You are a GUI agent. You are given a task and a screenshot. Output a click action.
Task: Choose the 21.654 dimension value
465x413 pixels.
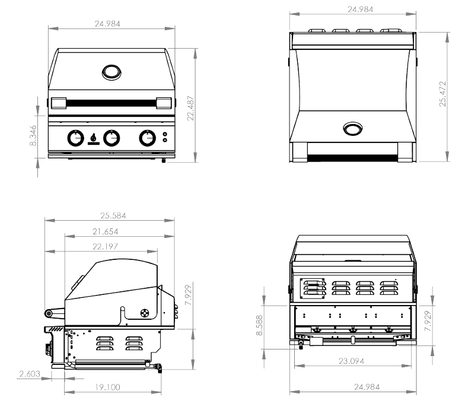coord(111,231)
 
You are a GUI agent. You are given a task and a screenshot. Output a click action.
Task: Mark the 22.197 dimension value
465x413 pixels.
coord(111,246)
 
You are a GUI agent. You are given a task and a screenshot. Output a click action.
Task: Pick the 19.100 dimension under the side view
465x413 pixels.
coord(111,386)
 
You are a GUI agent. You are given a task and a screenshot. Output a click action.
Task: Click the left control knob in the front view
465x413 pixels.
coord(75,138)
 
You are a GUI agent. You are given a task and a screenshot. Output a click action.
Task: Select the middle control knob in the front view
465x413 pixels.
coord(111,138)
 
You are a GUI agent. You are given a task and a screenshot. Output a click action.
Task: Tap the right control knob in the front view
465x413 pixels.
coord(146,138)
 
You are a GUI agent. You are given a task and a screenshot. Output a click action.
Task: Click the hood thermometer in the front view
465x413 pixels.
coord(111,72)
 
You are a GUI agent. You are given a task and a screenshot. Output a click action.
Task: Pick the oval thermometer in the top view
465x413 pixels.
coord(353,129)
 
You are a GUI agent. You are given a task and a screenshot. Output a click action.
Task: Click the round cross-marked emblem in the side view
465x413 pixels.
coord(144,313)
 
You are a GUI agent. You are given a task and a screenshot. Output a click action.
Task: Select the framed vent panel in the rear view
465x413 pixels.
coord(313,287)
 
